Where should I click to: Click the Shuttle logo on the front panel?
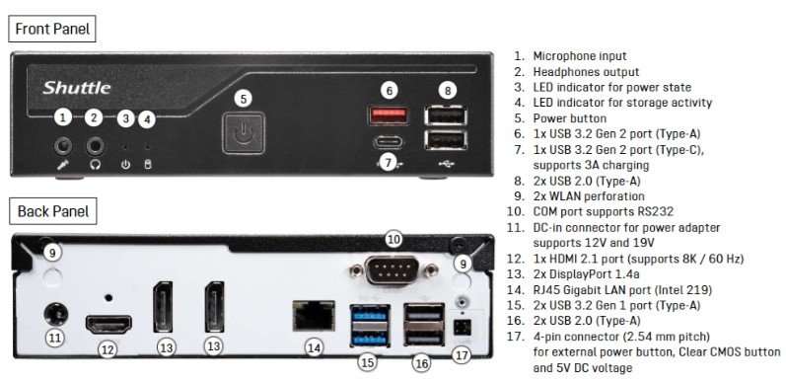pyautogui.click(x=77, y=88)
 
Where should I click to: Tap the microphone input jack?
pyautogui.click(x=63, y=147)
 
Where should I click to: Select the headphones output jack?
pyautogui.click(x=95, y=147)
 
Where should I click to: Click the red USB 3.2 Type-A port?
pyautogui.click(x=389, y=114)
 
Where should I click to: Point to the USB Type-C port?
pyautogui.click(x=388, y=142)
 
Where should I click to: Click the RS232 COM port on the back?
pyautogui.click(x=393, y=270)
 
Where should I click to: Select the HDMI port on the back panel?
pyautogui.click(x=108, y=325)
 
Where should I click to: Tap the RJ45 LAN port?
pyautogui.click(x=314, y=315)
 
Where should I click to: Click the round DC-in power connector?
pyautogui.click(x=55, y=315)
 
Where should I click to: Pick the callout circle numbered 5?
pyautogui.click(x=244, y=99)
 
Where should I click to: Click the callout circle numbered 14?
pyautogui.click(x=315, y=347)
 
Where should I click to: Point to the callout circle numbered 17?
pyautogui.click(x=462, y=355)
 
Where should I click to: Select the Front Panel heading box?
pyautogui.click(x=52, y=29)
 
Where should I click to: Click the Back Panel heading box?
pyautogui.click(x=53, y=211)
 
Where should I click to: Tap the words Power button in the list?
pyautogui.click(x=569, y=118)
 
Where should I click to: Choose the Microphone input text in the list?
pyautogui.click(x=580, y=56)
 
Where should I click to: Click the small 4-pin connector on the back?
pyautogui.click(x=459, y=328)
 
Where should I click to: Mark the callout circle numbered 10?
pyautogui.click(x=394, y=240)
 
